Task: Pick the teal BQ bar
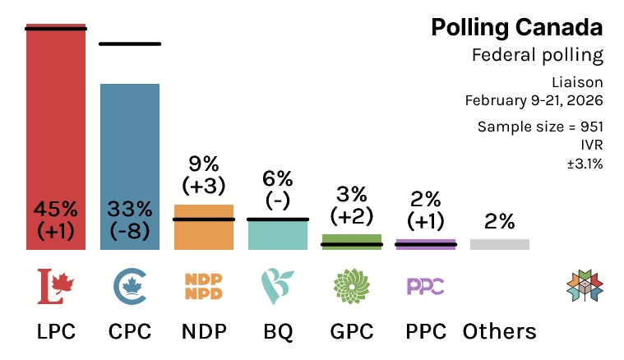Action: [278, 236]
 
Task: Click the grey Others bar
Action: [500, 244]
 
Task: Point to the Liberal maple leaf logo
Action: [56, 286]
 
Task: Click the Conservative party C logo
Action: [130, 286]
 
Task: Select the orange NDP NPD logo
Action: [204, 286]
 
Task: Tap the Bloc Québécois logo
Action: [278, 286]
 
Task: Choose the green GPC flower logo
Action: [352, 286]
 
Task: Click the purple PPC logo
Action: [426, 286]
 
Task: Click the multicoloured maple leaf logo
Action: [585, 284]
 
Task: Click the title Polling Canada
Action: [516, 27]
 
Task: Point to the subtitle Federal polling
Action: [538, 56]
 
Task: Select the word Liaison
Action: [578, 82]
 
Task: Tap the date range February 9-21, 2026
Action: [534, 100]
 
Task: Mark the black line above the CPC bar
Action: [130, 44]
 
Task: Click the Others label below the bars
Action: [500, 331]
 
